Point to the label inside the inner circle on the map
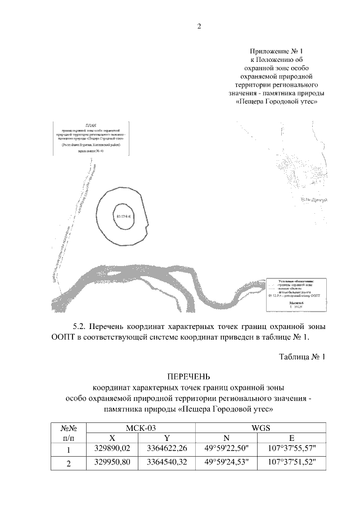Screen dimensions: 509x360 (123, 216)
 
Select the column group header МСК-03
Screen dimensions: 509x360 (141, 428)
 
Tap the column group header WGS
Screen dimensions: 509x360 (261, 428)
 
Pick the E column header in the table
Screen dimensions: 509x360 (291, 438)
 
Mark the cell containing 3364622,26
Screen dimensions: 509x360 (167, 449)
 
